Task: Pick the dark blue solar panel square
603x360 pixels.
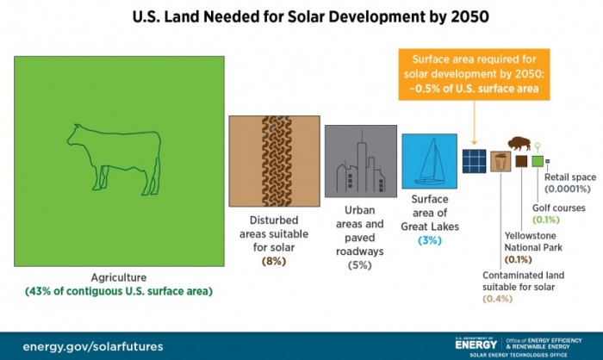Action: tap(473, 160)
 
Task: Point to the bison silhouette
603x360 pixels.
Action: tap(520, 142)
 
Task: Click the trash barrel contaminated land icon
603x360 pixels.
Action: tap(500, 161)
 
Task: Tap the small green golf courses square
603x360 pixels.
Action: tap(537, 161)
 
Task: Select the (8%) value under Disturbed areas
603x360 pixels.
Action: tap(274, 261)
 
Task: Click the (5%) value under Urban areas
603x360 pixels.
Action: tap(358, 265)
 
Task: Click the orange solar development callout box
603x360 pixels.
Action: tap(475, 76)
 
